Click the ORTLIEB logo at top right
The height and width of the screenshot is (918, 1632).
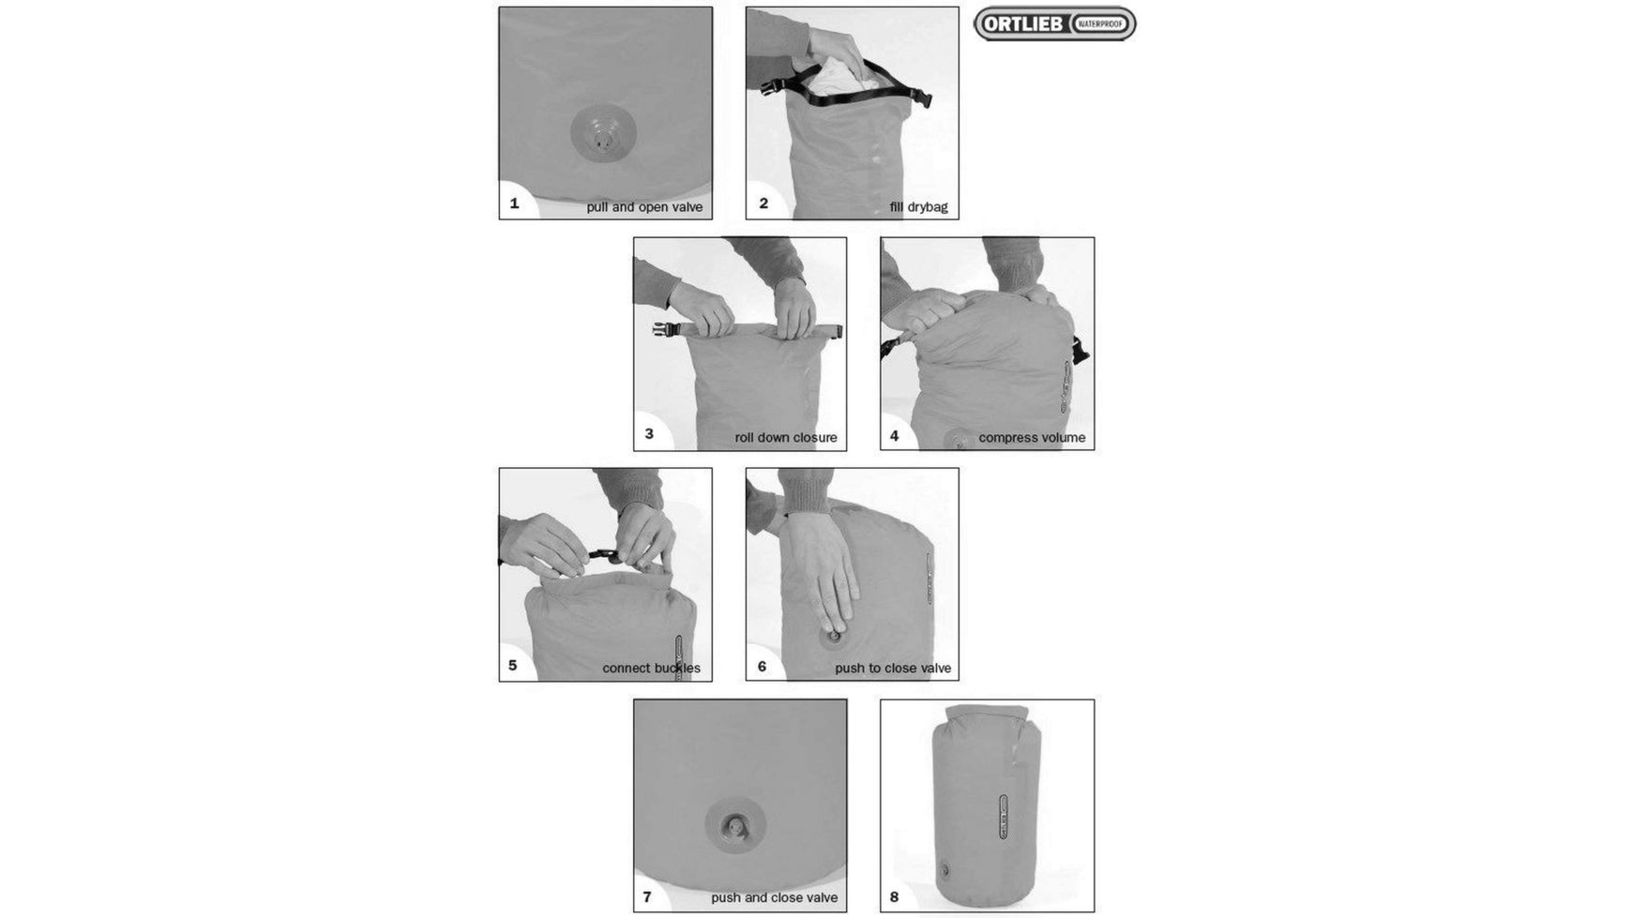click(x=1054, y=24)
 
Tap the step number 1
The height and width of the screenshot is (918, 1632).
click(x=514, y=203)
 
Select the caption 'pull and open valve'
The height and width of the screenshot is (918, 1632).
click(x=644, y=207)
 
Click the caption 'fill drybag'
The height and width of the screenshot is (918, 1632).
click(x=918, y=207)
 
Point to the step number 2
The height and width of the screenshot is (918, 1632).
click(x=763, y=203)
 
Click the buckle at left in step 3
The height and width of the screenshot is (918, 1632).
click(x=667, y=329)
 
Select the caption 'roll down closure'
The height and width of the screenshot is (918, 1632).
click(x=785, y=438)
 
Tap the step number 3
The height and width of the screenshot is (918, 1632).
click(x=649, y=434)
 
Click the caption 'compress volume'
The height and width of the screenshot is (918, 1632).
click(x=1032, y=438)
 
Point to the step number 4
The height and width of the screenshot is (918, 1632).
click(x=895, y=435)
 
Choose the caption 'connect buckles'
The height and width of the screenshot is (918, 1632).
click(x=651, y=669)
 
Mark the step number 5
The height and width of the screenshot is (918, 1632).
click(x=513, y=666)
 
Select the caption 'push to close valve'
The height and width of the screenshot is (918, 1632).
click(x=893, y=669)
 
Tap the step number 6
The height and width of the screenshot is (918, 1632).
click(x=762, y=666)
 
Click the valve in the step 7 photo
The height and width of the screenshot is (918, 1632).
click(x=735, y=826)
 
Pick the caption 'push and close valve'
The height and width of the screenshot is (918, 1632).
click(x=774, y=898)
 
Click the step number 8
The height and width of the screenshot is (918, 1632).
click(x=894, y=896)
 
